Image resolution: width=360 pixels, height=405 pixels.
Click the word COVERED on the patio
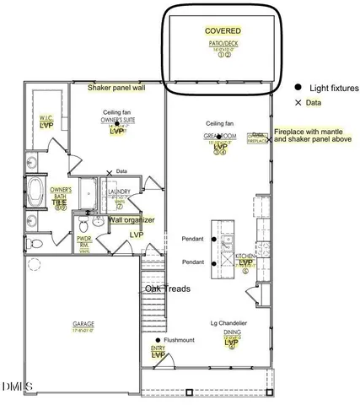(223, 30)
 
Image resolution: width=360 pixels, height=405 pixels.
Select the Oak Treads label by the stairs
(167, 289)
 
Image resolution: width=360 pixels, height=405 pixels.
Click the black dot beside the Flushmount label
(158, 340)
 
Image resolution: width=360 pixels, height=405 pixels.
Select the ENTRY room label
(158, 348)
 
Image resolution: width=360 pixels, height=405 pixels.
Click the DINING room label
(232, 334)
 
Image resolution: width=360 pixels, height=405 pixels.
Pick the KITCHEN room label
(245, 255)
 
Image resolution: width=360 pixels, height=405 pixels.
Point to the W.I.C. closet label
(46, 118)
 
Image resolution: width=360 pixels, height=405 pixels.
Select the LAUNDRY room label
(120, 192)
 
